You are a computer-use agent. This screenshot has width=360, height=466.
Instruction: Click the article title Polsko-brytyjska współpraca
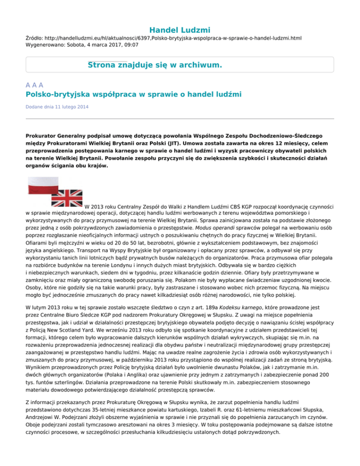point(134,96)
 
